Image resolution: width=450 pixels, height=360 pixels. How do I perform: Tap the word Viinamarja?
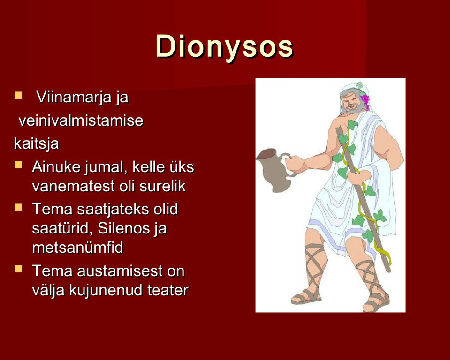(x=74, y=97)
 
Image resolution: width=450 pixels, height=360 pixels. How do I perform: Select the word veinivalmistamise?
(x=81, y=120)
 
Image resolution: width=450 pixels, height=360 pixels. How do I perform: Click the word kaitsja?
(x=37, y=143)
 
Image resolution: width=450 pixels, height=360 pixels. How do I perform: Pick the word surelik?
(x=162, y=186)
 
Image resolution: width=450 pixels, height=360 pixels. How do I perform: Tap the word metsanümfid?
(x=77, y=247)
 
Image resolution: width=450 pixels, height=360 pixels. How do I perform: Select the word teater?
(x=168, y=290)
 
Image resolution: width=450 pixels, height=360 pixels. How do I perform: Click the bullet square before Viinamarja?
(x=18, y=95)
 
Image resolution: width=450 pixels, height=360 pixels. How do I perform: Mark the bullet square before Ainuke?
(x=18, y=165)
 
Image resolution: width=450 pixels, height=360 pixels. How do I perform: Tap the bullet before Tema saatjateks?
(x=18, y=207)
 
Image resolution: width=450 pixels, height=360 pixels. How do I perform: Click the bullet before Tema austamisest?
(x=18, y=269)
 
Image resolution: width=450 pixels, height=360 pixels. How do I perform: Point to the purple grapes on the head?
(x=366, y=101)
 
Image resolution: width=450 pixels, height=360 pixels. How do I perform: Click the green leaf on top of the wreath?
(x=359, y=85)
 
